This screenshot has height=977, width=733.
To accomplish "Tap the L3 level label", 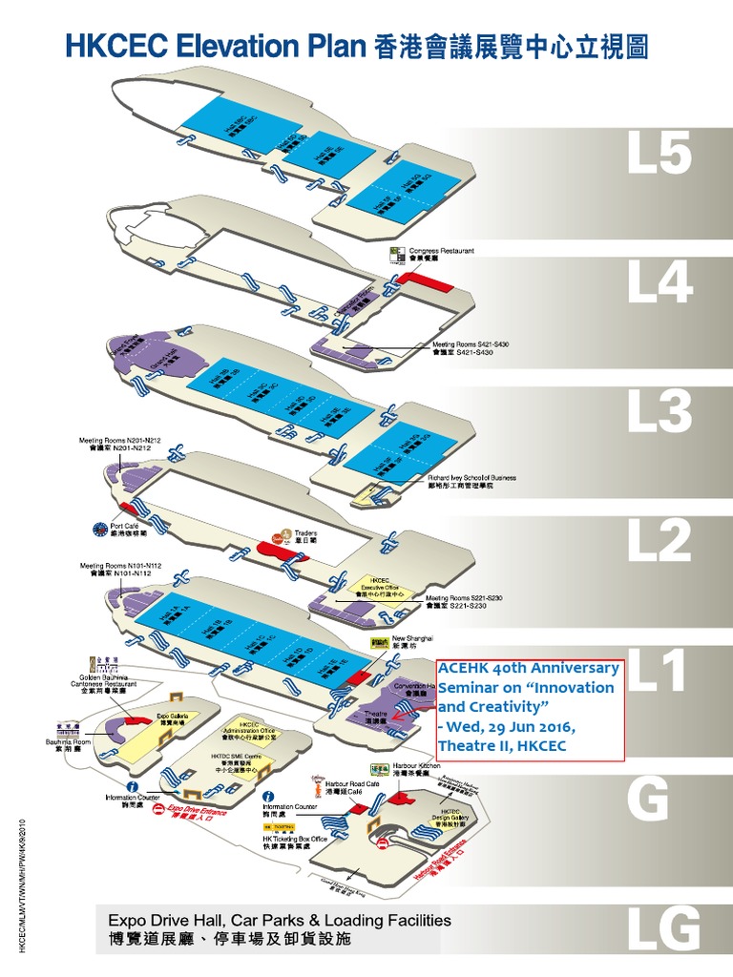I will tap(659, 411).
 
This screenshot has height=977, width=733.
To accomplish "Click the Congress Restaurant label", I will tap(441, 254).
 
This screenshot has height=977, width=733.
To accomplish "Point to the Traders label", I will tap(305, 537).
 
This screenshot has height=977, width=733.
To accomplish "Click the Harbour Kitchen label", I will tap(417, 769).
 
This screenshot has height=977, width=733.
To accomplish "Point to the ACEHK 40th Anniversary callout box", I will tap(530, 709).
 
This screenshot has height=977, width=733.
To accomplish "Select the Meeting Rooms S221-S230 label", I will tap(464, 601).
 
